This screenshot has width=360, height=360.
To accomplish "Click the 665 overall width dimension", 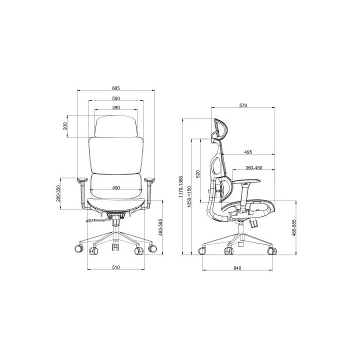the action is [x=116, y=88].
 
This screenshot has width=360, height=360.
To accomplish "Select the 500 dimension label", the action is [x=116, y=98].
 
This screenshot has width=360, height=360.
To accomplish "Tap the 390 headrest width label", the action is [x=116, y=107].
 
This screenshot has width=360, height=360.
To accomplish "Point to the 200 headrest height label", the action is [x=65, y=126].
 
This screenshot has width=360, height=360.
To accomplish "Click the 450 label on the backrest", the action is [x=116, y=187].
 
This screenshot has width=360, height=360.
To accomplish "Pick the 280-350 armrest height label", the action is [x=58, y=193].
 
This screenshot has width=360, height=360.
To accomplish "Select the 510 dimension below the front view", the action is [x=116, y=267].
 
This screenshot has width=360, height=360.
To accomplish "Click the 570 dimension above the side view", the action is [x=243, y=105].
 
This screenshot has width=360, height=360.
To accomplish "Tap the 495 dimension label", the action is [x=248, y=152].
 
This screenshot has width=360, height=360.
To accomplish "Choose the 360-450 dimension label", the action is [x=253, y=167].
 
